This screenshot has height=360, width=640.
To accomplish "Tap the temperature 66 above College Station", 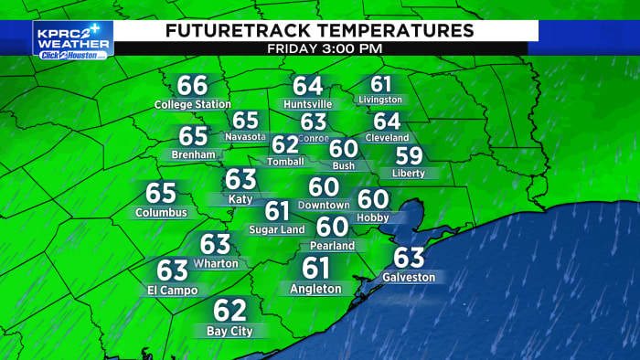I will point(193,86).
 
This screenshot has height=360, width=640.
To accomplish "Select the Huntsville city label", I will point(308,104).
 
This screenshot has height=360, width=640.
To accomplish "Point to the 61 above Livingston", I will point(381,84).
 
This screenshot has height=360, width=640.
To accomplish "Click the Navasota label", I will point(245,136).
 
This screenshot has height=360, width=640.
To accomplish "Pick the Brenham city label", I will point(193,154).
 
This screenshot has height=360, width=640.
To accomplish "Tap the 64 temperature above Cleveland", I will point(387,121).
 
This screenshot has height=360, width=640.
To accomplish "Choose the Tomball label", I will point(285,161).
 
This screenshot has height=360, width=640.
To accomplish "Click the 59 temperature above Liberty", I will point(409,156).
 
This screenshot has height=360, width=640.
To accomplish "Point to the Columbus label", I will point(161,212).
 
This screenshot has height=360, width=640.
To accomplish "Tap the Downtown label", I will point(324,205).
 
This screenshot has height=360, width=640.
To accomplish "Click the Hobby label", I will point(374,217).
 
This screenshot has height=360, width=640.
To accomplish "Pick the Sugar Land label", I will point(277,229).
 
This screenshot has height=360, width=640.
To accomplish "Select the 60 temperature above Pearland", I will point(332,227).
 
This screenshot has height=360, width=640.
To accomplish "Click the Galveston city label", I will point(409,276).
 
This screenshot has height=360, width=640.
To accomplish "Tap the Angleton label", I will point(315,289).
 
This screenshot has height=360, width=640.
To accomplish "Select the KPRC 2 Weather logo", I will point(73,39).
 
